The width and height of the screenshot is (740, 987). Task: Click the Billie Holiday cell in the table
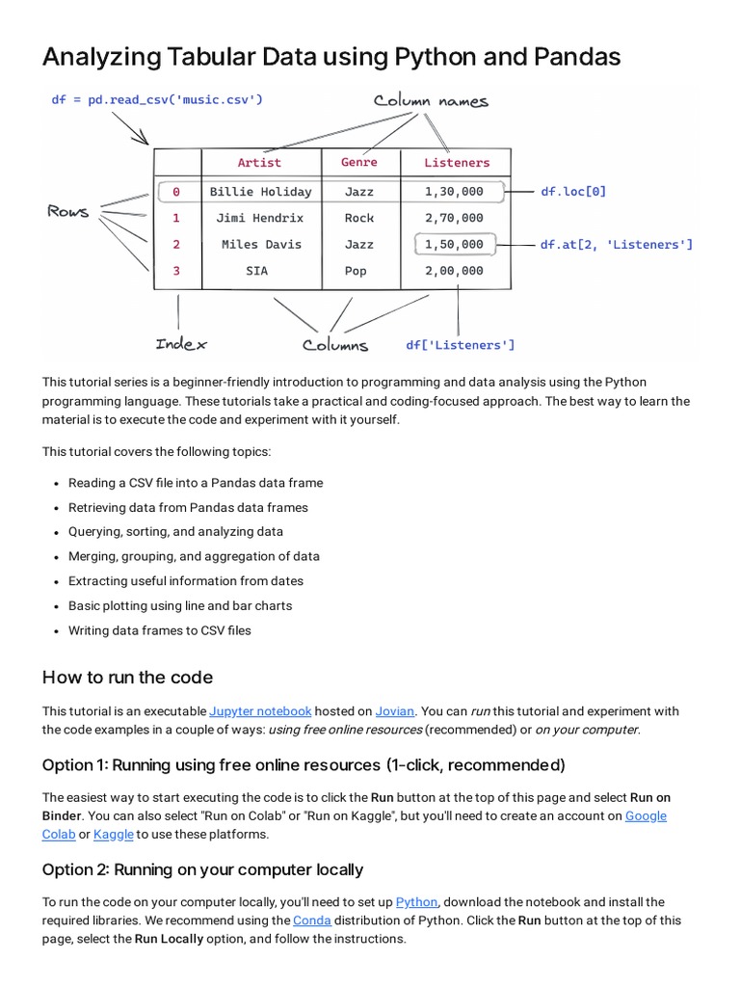click(x=260, y=192)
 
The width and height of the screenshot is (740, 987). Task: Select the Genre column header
click(x=359, y=163)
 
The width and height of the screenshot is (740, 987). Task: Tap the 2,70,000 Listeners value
click(x=454, y=218)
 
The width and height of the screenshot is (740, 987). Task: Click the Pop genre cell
click(x=356, y=271)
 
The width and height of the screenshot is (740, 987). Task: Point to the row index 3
click(x=176, y=271)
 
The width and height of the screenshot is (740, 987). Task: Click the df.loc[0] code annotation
click(x=573, y=192)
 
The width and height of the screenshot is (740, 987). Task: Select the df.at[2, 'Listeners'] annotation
click(x=616, y=245)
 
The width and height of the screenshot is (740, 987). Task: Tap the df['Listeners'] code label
click(x=460, y=345)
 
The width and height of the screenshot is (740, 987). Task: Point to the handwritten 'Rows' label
click(x=67, y=211)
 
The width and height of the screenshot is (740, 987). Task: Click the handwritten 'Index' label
click(x=180, y=343)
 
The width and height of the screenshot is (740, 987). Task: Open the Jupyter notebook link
click(x=260, y=711)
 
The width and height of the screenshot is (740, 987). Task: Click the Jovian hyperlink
click(x=394, y=711)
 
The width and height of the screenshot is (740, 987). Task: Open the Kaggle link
click(x=113, y=834)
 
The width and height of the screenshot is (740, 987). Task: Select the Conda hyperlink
click(x=311, y=920)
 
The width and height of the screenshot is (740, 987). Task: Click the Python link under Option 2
click(x=416, y=902)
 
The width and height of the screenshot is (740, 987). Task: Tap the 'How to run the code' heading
click(x=127, y=678)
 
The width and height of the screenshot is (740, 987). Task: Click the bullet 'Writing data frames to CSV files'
click(x=159, y=630)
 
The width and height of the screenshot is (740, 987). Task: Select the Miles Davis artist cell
click(x=260, y=245)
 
